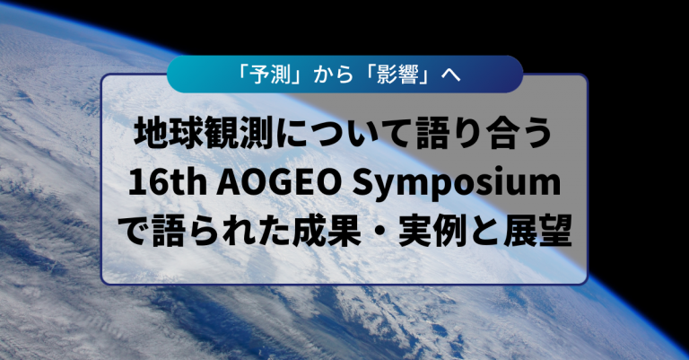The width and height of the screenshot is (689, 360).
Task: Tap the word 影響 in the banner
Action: (397, 75)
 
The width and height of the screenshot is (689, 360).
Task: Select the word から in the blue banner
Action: (334, 75)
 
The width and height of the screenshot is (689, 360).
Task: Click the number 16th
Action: (168, 183)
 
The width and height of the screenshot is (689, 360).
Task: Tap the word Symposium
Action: (457, 185)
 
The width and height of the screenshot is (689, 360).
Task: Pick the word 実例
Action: (432, 231)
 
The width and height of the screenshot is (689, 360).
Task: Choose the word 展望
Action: (537, 231)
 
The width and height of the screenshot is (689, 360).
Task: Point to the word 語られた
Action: (222, 231)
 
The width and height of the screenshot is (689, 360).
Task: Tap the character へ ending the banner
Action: (450, 75)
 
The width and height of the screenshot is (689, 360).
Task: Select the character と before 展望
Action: (485, 231)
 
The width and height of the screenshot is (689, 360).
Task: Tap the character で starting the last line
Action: (134, 231)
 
